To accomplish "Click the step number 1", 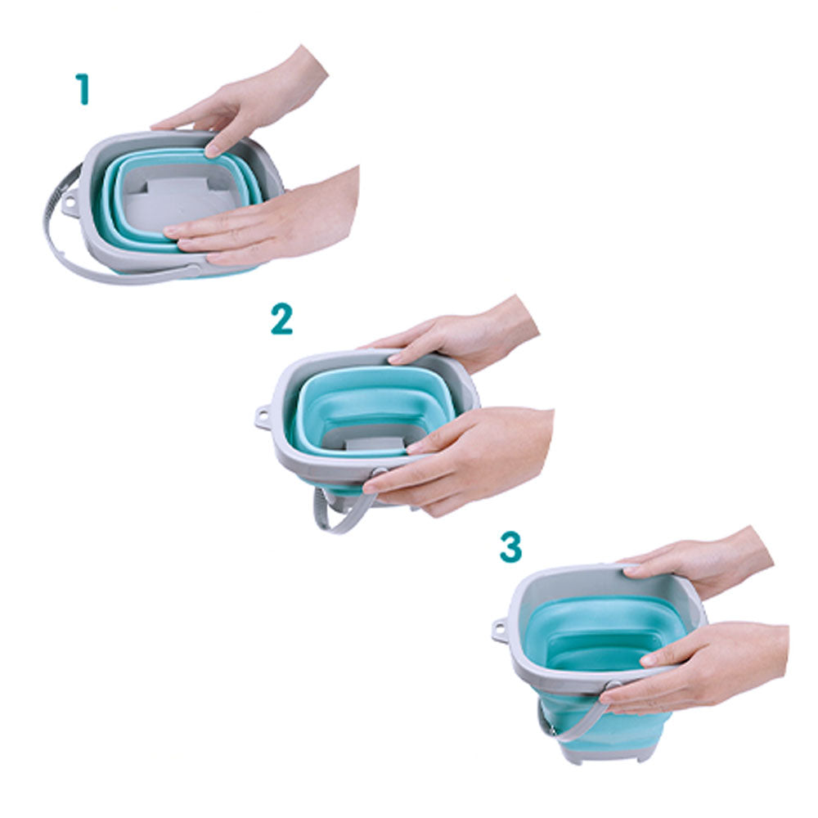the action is click(x=83, y=89).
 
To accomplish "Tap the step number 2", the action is click(x=281, y=319).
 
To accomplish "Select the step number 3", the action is click(x=510, y=546).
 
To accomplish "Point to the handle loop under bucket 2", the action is click(x=339, y=516).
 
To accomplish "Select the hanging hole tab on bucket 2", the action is click(x=263, y=416).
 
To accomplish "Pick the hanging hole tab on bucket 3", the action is click(x=501, y=630).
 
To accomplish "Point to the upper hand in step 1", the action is click(x=245, y=105).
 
